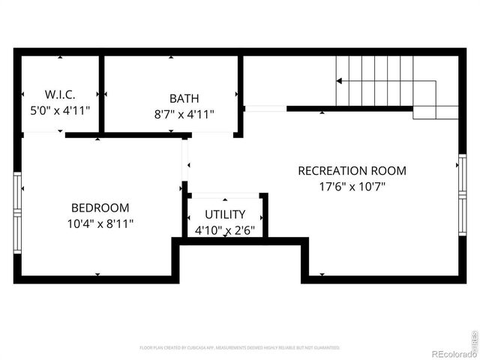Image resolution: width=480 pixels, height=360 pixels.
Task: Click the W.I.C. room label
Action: [58, 94]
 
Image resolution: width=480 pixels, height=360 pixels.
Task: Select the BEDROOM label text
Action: [100, 208]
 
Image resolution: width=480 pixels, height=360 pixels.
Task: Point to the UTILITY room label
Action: [225, 214]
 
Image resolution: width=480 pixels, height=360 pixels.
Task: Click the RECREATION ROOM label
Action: [352, 170]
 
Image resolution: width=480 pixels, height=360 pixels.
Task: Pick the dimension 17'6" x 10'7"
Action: [352, 186]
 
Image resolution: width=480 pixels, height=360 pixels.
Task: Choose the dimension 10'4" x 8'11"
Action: [100, 223]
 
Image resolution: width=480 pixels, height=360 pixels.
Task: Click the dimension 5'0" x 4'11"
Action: [58, 109]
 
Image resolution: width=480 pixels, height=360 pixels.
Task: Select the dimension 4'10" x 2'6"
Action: [225, 230]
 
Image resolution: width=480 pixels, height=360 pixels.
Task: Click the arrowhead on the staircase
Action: [340, 81]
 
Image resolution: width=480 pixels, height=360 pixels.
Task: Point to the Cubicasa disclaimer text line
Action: [240, 348]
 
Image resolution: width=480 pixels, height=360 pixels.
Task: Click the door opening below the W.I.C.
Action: [43, 134]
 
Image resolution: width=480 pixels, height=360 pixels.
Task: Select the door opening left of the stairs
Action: [265, 109]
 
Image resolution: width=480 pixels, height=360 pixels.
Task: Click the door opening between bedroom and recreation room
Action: [184, 159]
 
